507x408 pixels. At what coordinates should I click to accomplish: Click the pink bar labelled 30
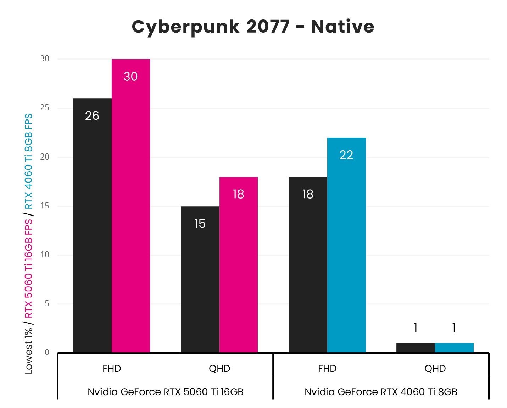coord(130,206)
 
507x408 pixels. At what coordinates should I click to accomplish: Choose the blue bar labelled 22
coord(346,245)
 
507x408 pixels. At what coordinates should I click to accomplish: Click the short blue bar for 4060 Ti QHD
coord(454,348)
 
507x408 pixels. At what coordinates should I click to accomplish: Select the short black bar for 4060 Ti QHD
coord(416,348)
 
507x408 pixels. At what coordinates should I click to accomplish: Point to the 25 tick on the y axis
coord(45,108)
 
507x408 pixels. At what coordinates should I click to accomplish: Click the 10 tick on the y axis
coord(45,255)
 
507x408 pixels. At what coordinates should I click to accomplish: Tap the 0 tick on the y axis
coord(47,352)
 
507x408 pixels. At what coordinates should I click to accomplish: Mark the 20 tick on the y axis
coord(45,157)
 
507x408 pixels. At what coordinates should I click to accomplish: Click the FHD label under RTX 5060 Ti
coord(112,369)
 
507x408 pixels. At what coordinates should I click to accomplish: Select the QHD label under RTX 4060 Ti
coord(435,369)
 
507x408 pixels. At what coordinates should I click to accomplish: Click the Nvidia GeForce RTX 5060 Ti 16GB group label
coord(165,392)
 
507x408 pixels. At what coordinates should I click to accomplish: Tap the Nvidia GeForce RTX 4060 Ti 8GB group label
coord(381,392)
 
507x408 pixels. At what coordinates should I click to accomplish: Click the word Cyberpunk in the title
coord(185,27)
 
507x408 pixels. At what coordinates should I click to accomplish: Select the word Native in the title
coord(342,27)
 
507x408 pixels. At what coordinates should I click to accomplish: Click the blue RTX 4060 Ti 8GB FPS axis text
coord(28,161)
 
